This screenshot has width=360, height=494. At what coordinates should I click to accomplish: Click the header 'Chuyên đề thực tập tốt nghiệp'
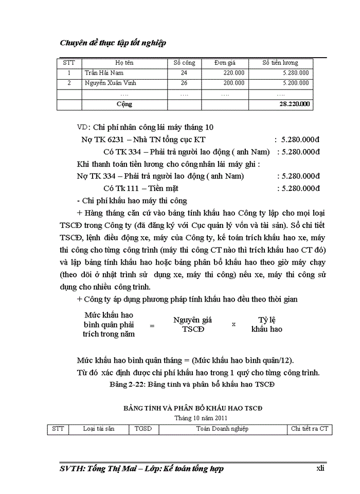tap(113, 43)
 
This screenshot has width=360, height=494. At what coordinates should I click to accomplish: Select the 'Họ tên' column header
tap(124, 63)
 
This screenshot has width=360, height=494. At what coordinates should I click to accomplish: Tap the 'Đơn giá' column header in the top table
tap(225, 63)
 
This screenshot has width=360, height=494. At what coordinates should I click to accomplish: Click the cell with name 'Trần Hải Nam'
tap(104, 73)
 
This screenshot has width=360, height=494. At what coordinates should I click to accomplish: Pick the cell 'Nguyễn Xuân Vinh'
tap(110, 83)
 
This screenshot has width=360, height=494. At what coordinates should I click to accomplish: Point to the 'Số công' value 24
tap(184, 73)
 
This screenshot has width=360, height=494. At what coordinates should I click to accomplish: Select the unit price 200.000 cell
tap(233, 83)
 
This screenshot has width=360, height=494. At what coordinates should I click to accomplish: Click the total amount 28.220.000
tap(295, 104)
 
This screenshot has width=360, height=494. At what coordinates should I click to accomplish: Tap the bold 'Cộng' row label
tap(124, 104)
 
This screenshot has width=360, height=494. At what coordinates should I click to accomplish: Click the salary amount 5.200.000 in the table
tap(296, 83)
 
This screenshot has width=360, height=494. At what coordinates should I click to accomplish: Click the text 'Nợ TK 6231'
tap(100, 139)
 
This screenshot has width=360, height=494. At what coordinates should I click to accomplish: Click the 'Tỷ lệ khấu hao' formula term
tap(266, 324)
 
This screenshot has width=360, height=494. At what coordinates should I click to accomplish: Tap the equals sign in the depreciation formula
tap(152, 325)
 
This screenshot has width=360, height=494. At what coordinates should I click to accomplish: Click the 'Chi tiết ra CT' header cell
tap(309, 429)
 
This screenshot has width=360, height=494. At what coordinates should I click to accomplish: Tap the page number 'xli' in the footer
tap(320, 469)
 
